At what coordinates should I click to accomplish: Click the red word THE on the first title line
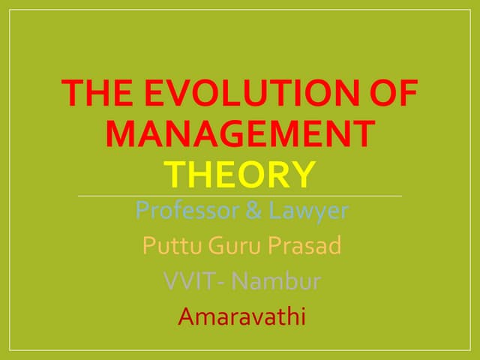click(x=97, y=92)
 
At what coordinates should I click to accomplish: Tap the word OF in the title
click(x=394, y=92)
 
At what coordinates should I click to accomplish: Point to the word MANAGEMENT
click(x=241, y=133)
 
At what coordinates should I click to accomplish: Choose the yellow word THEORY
click(x=240, y=175)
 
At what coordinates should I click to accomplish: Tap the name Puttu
click(x=172, y=245)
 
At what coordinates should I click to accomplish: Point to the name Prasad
click(x=304, y=245)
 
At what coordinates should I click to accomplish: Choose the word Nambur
click(x=276, y=280)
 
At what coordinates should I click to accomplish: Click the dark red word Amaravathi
click(x=241, y=316)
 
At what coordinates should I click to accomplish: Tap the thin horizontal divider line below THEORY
click(x=240, y=196)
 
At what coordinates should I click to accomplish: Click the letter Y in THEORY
click(x=303, y=175)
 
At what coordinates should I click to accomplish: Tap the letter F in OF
click(x=408, y=92)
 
